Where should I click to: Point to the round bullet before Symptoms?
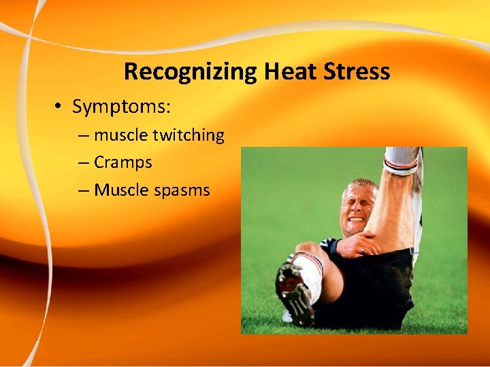coord(61,107)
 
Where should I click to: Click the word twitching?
coord(188,136)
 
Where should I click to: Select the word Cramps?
coord(122,163)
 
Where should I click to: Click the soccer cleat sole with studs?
coord(294,291)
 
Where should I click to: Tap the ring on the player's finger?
coord(361,250)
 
